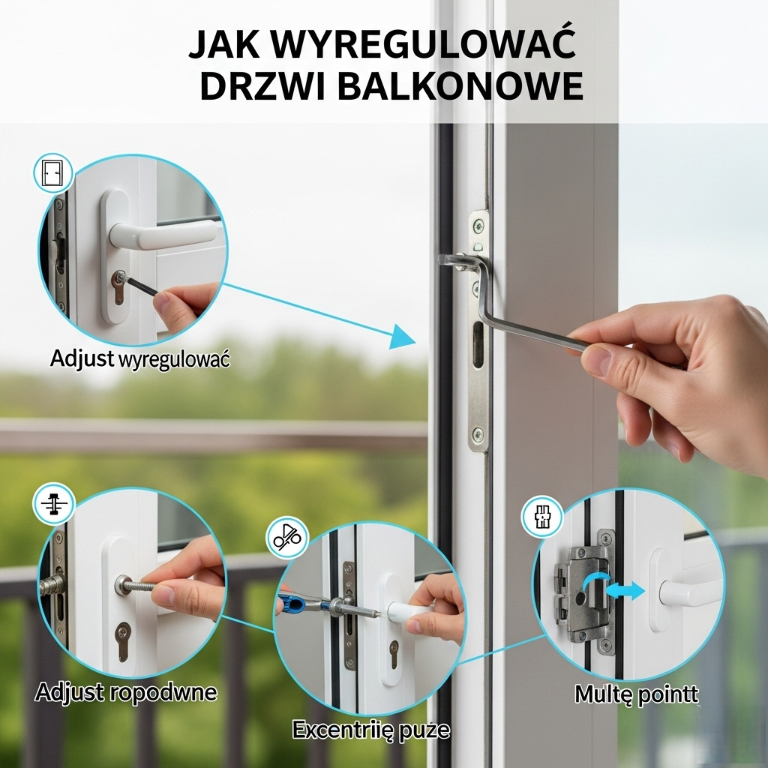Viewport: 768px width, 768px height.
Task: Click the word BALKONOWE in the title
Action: pyautogui.click(x=460, y=86)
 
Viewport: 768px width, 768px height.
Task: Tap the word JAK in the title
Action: pyautogui.click(x=223, y=44)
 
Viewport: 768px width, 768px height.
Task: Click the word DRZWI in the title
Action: pyautogui.click(x=262, y=86)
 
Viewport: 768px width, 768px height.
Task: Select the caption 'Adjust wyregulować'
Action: pyautogui.click(x=140, y=359)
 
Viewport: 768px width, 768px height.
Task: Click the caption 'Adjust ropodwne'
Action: pyautogui.click(x=126, y=692)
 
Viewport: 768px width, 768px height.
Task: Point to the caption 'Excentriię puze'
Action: pyautogui.click(x=371, y=730)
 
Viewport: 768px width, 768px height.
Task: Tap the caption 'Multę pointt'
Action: pyautogui.click(x=636, y=694)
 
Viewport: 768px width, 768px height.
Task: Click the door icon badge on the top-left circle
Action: pyautogui.click(x=53, y=173)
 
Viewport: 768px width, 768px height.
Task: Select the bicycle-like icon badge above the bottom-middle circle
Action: pyautogui.click(x=287, y=538)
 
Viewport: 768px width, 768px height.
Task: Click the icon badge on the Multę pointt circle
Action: pyautogui.click(x=542, y=517)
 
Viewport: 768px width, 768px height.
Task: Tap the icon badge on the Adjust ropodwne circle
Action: pyautogui.click(x=53, y=504)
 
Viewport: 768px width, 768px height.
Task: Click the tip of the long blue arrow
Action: pyautogui.click(x=415, y=341)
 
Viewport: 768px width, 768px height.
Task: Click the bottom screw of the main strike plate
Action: pyautogui.click(x=478, y=434)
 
